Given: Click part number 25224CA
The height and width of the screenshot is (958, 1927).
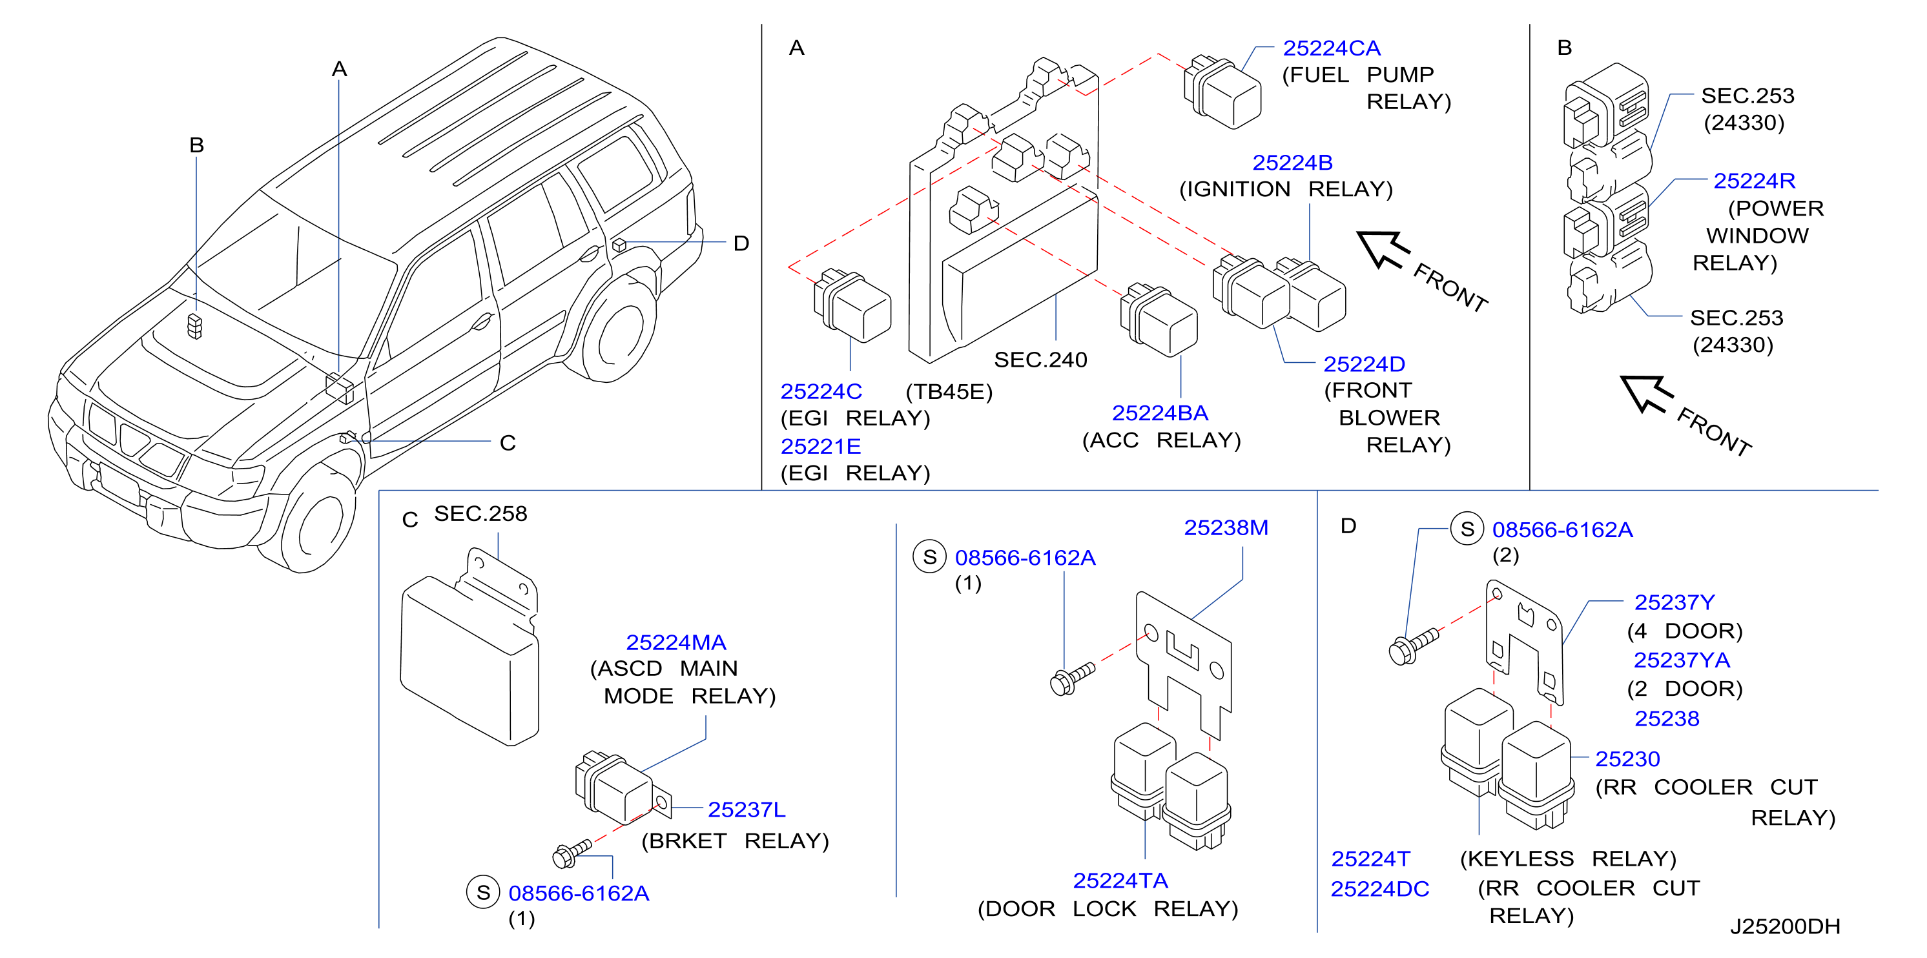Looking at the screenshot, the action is (x=1332, y=48).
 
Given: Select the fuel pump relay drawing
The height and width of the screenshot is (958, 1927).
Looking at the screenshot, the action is (x=1222, y=91).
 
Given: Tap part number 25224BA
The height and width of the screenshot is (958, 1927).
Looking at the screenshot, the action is (x=1159, y=413).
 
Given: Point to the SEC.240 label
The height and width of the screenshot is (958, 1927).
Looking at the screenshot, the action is (x=1040, y=360).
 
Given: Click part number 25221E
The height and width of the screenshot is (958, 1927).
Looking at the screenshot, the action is (x=821, y=447).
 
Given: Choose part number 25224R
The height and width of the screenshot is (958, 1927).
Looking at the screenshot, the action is (x=1754, y=181).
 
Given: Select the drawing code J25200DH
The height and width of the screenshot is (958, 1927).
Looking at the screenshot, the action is (x=1785, y=926).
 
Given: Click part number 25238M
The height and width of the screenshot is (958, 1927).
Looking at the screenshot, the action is (x=1226, y=528).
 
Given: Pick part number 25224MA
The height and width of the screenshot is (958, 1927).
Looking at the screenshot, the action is (x=675, y=642).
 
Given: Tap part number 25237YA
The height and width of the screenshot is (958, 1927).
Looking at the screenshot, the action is (x=1682, y=660).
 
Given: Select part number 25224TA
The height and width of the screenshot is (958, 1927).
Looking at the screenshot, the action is (x=1120, y=881).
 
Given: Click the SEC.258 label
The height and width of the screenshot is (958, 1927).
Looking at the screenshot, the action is (x=480, y=514).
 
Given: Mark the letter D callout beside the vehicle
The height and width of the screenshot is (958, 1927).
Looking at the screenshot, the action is (x=741, y=243).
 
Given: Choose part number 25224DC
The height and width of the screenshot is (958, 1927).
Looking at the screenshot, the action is (x=1379, y=889).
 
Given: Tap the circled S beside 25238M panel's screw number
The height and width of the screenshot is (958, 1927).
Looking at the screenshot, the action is (x=929, y=557).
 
